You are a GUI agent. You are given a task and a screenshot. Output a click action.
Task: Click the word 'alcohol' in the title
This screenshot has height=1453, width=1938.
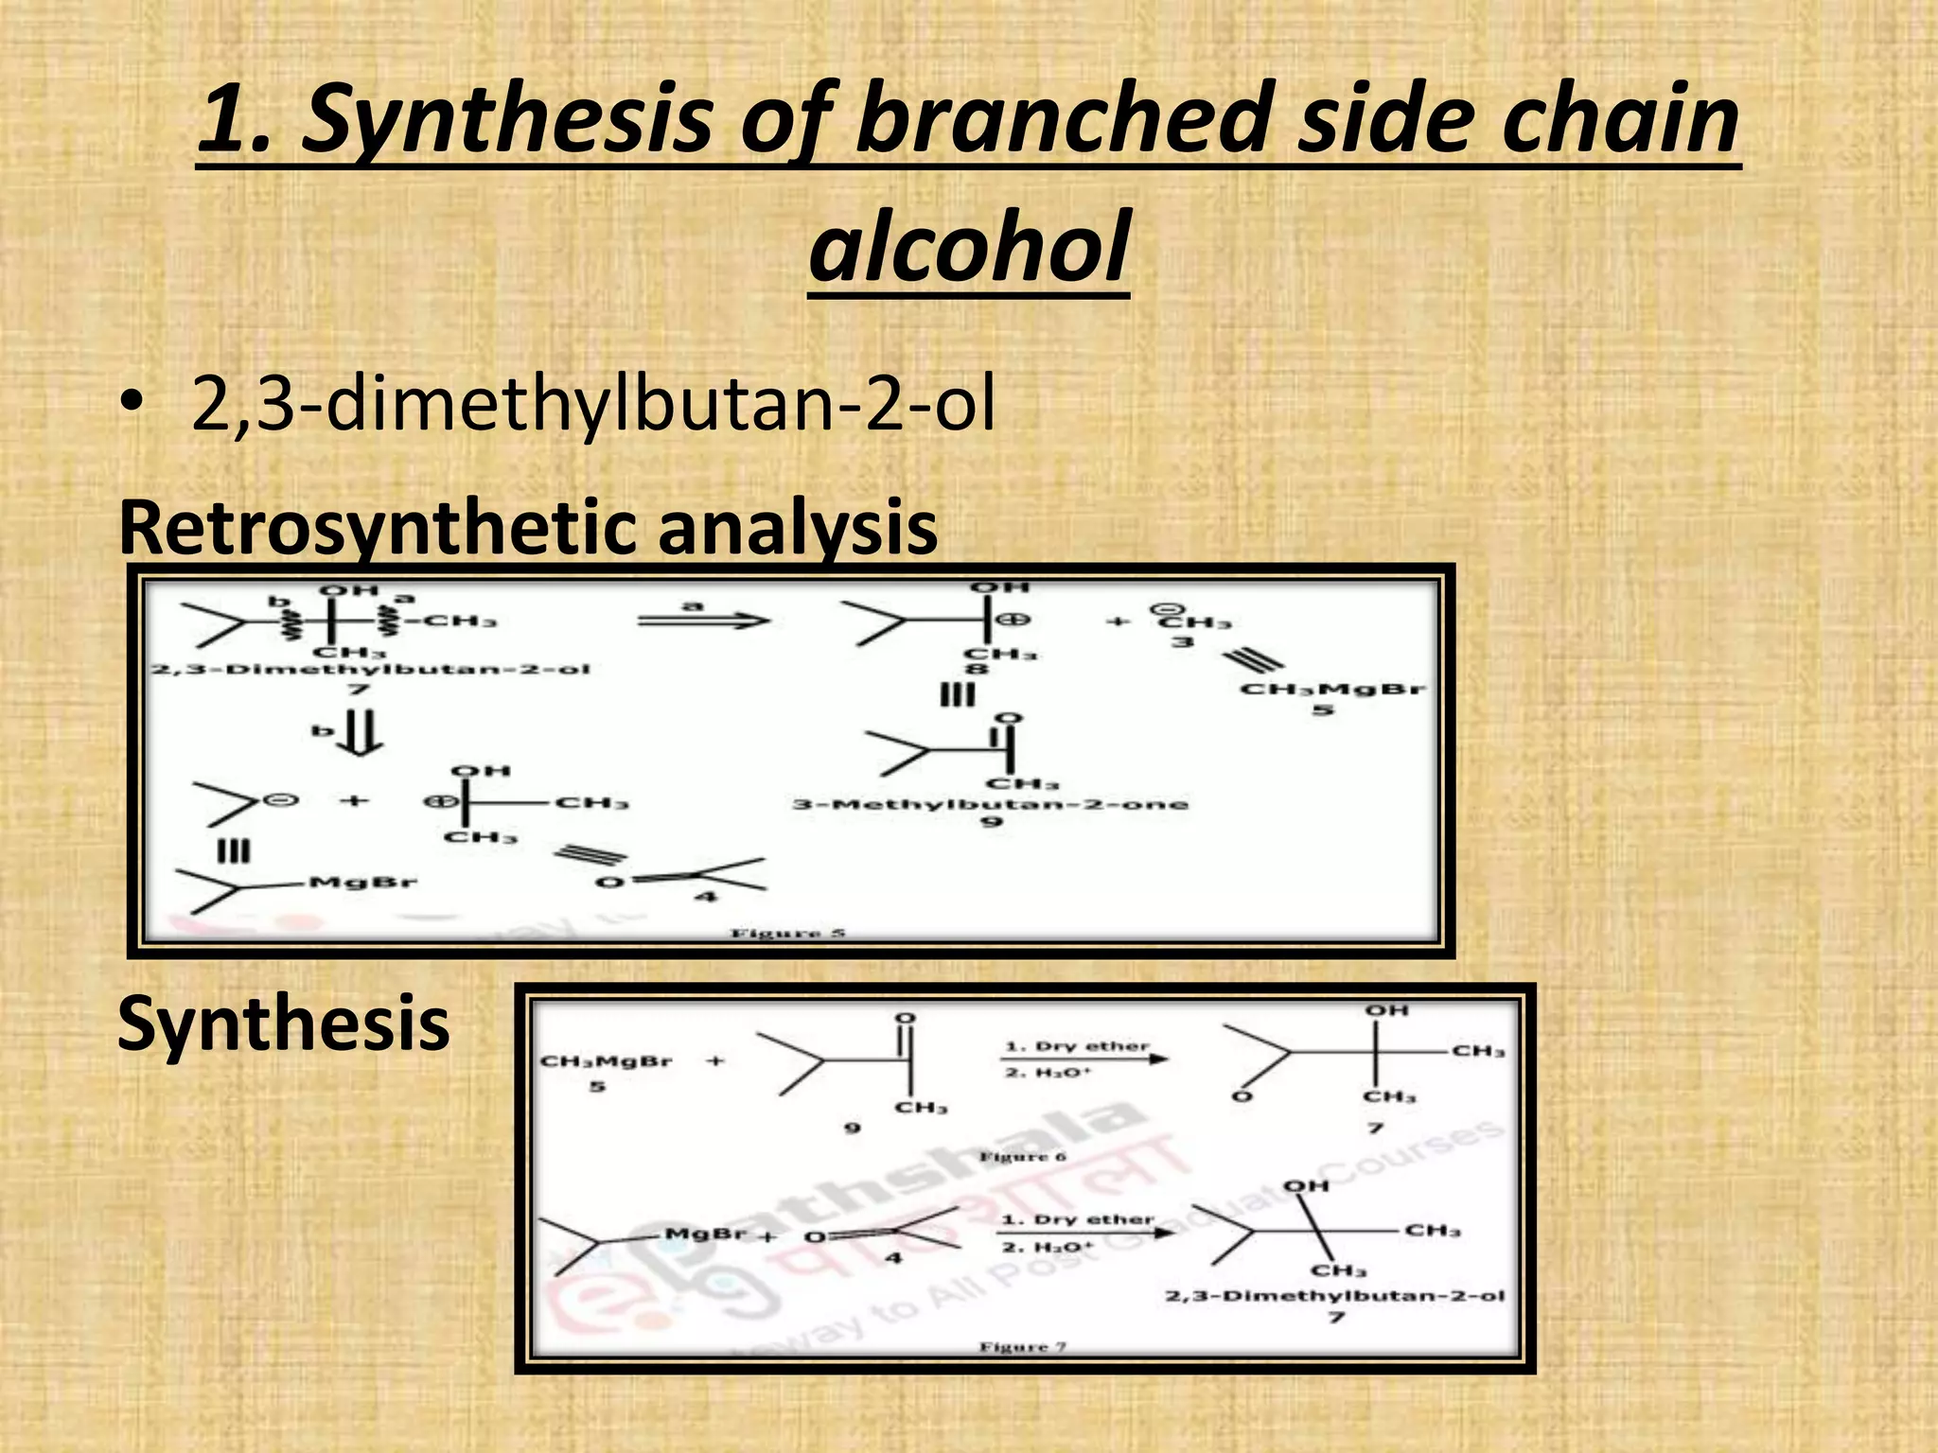[x=969, y=248]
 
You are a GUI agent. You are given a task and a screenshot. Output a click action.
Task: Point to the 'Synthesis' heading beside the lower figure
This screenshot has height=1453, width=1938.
[x=283, y=1024]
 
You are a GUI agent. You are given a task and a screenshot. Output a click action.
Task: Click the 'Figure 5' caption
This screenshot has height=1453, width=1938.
[x=787, y=934]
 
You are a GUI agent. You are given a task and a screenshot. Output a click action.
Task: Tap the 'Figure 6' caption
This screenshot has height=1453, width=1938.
[x=1022, y=1156]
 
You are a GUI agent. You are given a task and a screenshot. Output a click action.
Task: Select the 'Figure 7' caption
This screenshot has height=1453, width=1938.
[x=1022, y=1346]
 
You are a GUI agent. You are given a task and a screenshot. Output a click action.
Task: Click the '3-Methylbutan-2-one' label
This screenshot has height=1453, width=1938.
[x=990, y=804]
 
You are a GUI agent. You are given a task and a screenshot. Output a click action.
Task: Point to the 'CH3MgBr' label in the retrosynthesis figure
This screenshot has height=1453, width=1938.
[x=1332, y=689]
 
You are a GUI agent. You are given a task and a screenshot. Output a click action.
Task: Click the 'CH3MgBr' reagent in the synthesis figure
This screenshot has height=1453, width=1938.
[x=606, y=1061]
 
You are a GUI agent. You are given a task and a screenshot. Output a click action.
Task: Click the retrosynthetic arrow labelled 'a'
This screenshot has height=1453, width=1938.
[x=703, y=621]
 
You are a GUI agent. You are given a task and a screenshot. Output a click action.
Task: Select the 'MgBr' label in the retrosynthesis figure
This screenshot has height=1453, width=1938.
[x=362, y=883]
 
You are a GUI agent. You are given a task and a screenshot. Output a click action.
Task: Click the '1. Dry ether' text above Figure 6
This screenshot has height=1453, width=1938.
[x=1077, y=1046]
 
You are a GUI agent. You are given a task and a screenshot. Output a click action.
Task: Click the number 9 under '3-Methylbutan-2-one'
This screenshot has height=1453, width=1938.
[x=990, y=822]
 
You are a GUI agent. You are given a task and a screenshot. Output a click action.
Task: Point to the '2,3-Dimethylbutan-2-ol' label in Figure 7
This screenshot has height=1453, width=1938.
[x=1334, y=1295]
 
